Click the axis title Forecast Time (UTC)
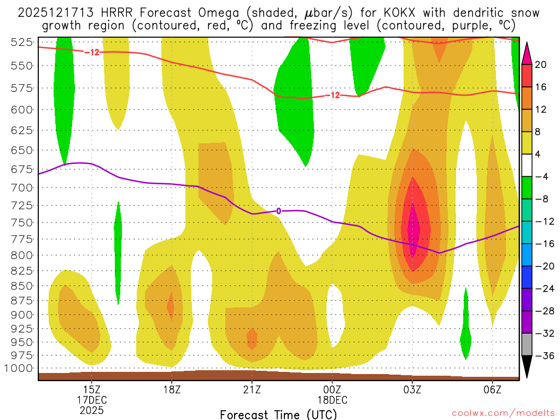click(x=278, y=414)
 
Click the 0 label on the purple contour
click(x=278, y=211)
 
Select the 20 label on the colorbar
click(x=541, y=65)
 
